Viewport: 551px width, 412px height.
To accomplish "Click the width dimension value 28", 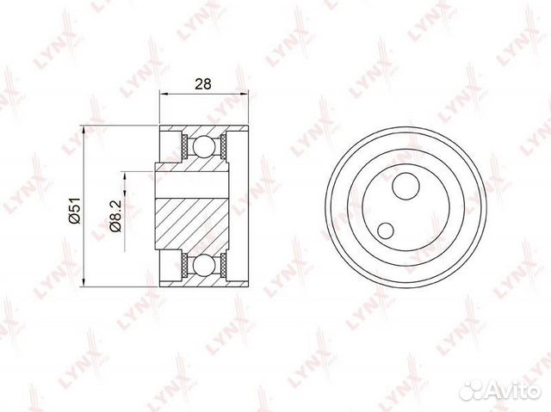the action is pyautogui.click(x=203, y=84).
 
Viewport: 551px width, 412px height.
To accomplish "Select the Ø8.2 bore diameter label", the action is pyautogui.click(x=115, y=216).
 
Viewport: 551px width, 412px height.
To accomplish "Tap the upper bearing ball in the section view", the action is pyautogui.click(x=203, y=145).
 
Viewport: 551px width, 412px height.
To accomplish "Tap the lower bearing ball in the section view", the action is pyautogui.click(x=203, y=265).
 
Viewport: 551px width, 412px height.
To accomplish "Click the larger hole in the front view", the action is pyautogui.click(x=406, y=186).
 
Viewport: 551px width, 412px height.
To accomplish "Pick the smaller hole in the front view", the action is pyautogui.click(x=386, y=231).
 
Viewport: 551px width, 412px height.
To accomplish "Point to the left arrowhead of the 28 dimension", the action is pyautogui.click(x=164, y=94).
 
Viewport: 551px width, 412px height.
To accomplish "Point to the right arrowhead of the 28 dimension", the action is pyautogui.click(x=244, y=94).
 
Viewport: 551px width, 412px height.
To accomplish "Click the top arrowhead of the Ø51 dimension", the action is pyautogui.click(x=84, y=130).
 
